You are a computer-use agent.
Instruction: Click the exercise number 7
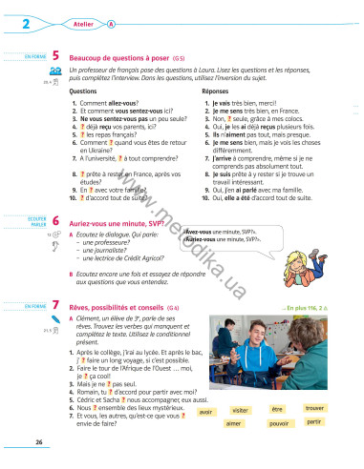pyautogui.click(x=57, y=306)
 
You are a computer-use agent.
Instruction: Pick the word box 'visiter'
pyautogui.click(x=267, y=410)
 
